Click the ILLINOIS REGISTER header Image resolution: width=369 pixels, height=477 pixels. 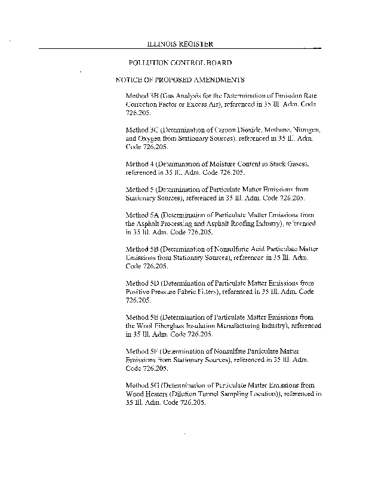click(180, 44)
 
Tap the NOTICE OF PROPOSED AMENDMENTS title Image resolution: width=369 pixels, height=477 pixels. click(180, 79)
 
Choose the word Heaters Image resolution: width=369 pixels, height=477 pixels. click(163, 395)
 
